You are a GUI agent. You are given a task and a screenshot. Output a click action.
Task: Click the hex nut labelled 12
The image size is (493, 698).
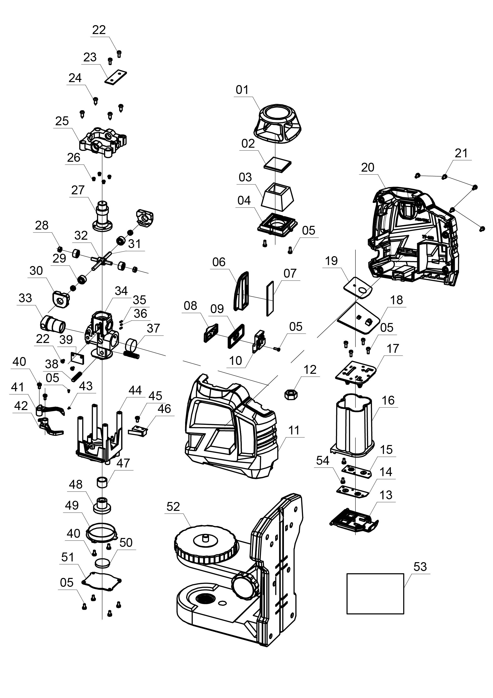[x=291, y=394]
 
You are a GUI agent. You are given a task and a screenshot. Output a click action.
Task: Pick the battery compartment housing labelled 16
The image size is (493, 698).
[x=354, y=426]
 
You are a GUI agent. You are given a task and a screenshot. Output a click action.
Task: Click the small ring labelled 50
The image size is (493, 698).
[x=103, y=563]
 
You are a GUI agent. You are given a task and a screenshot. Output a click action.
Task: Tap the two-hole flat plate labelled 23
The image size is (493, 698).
[x=116, y=77]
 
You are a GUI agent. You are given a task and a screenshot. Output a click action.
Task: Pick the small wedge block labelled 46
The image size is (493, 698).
[x=138, y=431]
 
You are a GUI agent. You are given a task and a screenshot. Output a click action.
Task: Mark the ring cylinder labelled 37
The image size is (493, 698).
[x=132, y=345]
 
